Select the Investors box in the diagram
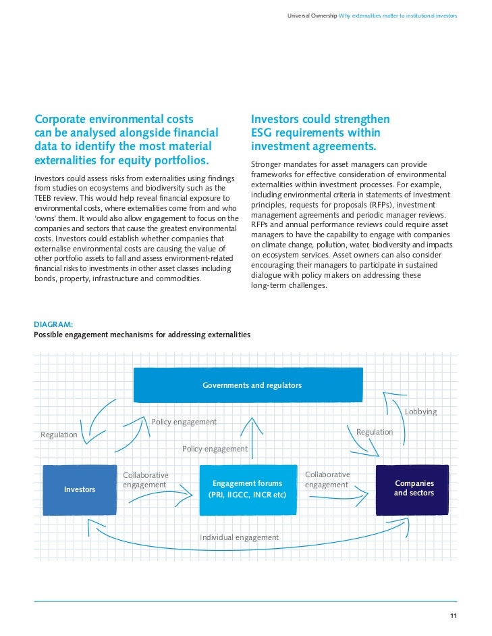point(80,489)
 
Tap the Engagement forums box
point(248,489)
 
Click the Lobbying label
point(420,412)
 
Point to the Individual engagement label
point(239,537)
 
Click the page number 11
point(454,614)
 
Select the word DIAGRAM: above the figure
point(53,324)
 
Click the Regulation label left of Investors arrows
point(59,435)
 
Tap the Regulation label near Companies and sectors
point(374,432)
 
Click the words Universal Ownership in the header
point(311,15)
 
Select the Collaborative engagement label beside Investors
point(145,480)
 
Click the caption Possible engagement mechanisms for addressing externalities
point(142,335)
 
